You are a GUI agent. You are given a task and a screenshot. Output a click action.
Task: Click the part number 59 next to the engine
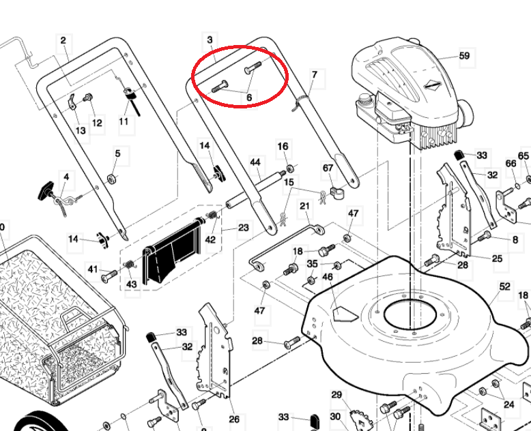[x=464, y=56]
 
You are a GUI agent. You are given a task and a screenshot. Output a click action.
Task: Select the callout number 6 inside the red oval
[x=249, y=98]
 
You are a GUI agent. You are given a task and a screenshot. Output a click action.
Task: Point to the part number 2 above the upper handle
[x=63, y=41]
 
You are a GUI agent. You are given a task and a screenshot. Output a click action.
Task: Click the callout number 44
[x=255, y=162]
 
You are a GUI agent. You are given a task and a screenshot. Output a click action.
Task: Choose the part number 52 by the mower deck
[x=504, y=287]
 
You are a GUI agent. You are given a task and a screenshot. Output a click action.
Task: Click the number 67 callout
[x=328, y=168]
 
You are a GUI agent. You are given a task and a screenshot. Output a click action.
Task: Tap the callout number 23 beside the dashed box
[x=243, y=228]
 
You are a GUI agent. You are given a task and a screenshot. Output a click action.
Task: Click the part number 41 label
[x=93, y=269]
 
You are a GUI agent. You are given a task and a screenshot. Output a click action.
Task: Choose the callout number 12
[x=97, y=123]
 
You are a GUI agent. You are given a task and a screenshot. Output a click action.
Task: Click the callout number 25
[x=497, y=258]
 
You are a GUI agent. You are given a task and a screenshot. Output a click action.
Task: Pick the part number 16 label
[x=283, y=147]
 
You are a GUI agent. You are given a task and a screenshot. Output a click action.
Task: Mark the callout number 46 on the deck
[x=328, y=278]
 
